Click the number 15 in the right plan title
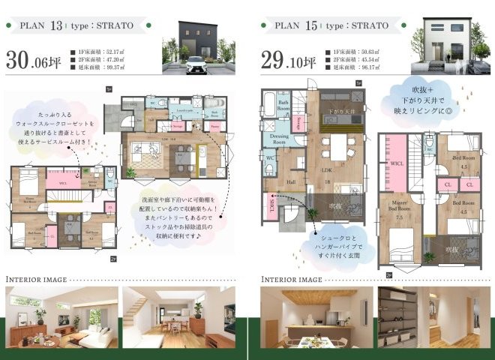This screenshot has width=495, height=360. tap(311, 25)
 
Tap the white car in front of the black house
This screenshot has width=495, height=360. tap(196, 64)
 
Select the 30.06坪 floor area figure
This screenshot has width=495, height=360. tap(34, 61)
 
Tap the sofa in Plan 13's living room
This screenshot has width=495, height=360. tap(142, 149)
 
